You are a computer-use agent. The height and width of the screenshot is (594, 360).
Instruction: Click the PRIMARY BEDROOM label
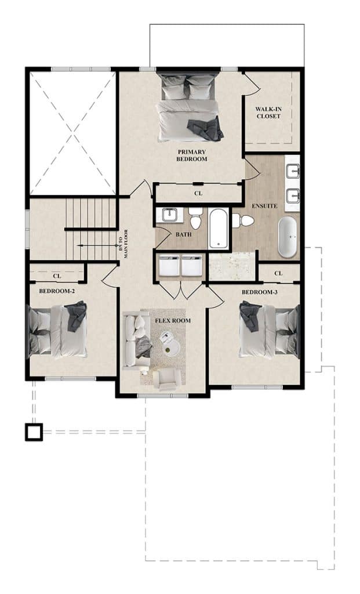(192, 155)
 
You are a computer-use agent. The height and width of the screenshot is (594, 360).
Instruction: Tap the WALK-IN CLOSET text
(268, 113)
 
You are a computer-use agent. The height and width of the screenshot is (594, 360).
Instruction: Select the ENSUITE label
(264, 206)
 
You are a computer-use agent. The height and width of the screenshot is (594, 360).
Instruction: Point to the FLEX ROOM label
(173, 320)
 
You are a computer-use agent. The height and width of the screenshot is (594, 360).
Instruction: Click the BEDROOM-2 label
(57, 291)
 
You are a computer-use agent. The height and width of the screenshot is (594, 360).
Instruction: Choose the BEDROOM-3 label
(259, 292)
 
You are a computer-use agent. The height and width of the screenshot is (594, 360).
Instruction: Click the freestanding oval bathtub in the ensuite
(288, 237)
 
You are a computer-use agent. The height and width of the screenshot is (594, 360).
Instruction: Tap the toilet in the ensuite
(243, 220)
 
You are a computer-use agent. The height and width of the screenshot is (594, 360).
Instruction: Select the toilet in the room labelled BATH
(195, 218)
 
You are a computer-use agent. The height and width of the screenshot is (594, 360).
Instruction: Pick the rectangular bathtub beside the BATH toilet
(219, 229)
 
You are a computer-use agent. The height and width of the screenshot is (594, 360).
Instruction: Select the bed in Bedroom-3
(269, 329)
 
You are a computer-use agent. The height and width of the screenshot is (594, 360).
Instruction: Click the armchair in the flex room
(166, 380)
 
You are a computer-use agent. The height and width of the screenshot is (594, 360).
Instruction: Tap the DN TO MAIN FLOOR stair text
(123, 244)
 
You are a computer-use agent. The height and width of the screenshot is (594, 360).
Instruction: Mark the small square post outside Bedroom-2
(34, 432)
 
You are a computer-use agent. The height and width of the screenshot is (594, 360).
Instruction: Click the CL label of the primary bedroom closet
(198, 193)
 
